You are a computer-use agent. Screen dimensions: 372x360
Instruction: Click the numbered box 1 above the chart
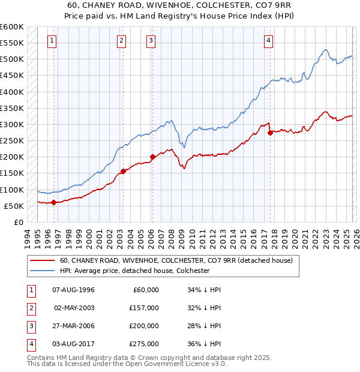[x=53, y=41]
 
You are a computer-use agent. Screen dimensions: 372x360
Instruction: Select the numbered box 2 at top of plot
[x=122, y=41]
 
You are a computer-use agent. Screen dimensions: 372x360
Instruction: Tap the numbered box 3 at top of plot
[x=151, y=41]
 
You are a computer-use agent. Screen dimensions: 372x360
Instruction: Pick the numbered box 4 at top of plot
[x=269, y=41]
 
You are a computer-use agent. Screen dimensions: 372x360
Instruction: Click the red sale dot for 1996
[x=54, y=202]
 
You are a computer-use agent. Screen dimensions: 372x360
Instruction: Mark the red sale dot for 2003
[x=123, y=171]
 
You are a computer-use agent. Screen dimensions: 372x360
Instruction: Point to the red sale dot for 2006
[x=152, y=157]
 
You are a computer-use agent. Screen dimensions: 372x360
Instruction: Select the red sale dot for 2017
[x=270, y=133]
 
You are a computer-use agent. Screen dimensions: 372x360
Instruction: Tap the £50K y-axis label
[x=14, y=206]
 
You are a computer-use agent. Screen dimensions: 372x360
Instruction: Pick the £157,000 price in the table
[x=144, y=308]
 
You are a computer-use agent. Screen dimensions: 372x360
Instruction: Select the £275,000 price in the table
[x=144, y=344]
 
